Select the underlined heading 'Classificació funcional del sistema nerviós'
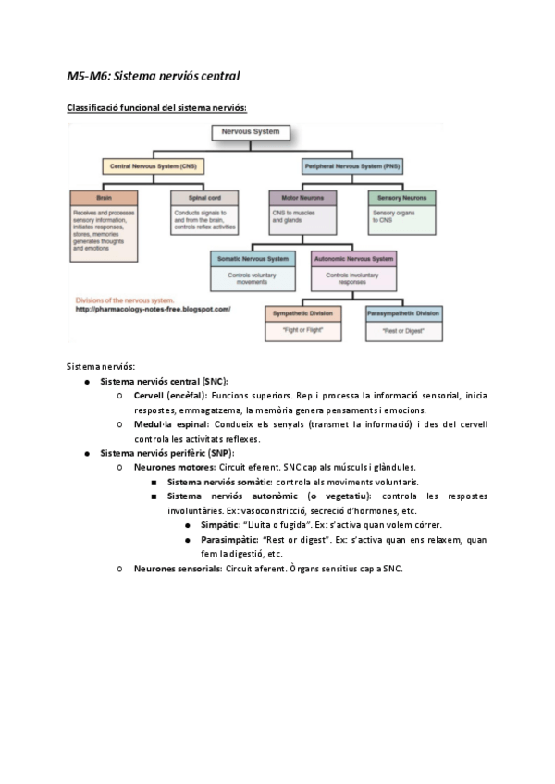coord(156,108)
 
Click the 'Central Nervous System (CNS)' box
coord(154,166)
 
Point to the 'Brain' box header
coord(104,198)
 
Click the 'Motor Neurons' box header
coord(302,198)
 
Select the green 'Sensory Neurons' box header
coord(401,198)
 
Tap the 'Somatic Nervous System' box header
coord(253,258)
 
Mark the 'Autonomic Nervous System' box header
coord(353,258)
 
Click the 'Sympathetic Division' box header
coord(302,313)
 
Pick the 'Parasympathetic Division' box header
coord(402,313)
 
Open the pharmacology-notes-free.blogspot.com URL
coord(153,310)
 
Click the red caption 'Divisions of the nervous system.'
coord(123,300)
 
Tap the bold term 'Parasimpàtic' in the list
coord(228,539)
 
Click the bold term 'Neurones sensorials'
coord(178,568)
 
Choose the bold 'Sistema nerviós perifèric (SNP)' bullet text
coord(166,453)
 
